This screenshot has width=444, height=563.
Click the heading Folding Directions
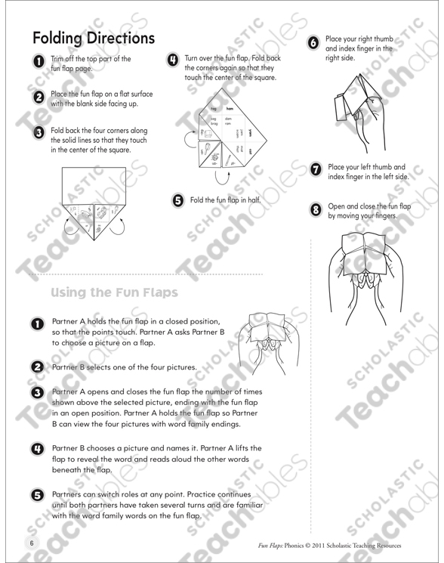[94, 38]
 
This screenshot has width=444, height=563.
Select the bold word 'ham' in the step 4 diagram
[229, 110]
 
